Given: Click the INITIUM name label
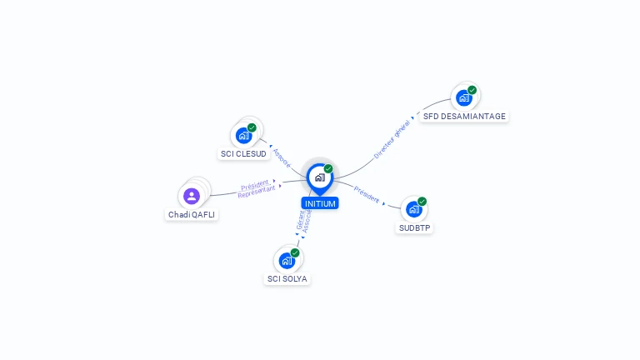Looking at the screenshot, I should (x=320, y=203).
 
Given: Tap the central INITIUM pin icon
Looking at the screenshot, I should (x=319, y=177).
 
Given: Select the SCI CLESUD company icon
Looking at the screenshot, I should (x=243, y=135).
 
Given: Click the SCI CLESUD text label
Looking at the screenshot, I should (x=243, y=154).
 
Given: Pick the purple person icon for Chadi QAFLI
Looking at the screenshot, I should (x=192, y=196).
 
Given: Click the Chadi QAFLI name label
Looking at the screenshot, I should (x=192, y=214).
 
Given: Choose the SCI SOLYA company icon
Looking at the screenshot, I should (x=287, y=260).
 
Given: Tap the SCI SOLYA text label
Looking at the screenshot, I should (x=287, y=278).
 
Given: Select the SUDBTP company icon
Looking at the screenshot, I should (x=413, y=209).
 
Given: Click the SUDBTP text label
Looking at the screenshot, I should (x=415, y=227).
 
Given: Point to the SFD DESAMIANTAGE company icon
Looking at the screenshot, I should (x=464, y=97).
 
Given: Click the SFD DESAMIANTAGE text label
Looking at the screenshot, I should (x=464, y=117).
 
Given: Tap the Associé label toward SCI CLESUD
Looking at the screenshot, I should (x=282, y=158).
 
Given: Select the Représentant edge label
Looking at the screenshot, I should (x=256, y=192).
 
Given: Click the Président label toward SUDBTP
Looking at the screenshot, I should (x=367, y=194).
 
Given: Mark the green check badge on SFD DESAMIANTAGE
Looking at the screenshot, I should (x=472, y=90).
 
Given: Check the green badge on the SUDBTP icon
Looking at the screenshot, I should (x=422, y=202).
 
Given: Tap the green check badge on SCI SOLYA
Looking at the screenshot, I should (x=295, y=252).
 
